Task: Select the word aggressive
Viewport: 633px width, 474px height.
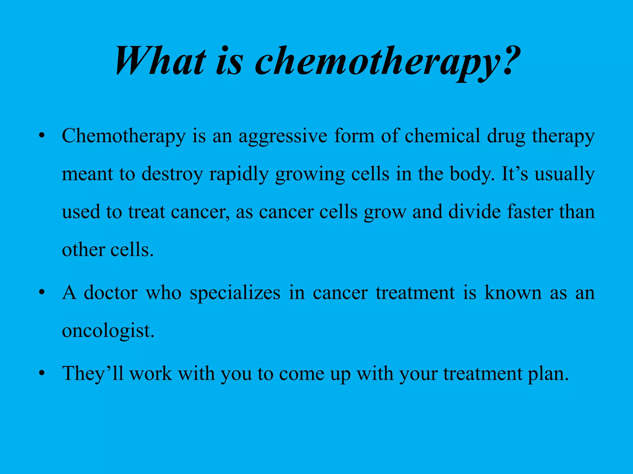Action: click(283, 136)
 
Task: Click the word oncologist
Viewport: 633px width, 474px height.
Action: click(108, 331)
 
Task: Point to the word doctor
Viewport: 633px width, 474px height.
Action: click(111, 293)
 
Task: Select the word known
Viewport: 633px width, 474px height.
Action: click(513, 293)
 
